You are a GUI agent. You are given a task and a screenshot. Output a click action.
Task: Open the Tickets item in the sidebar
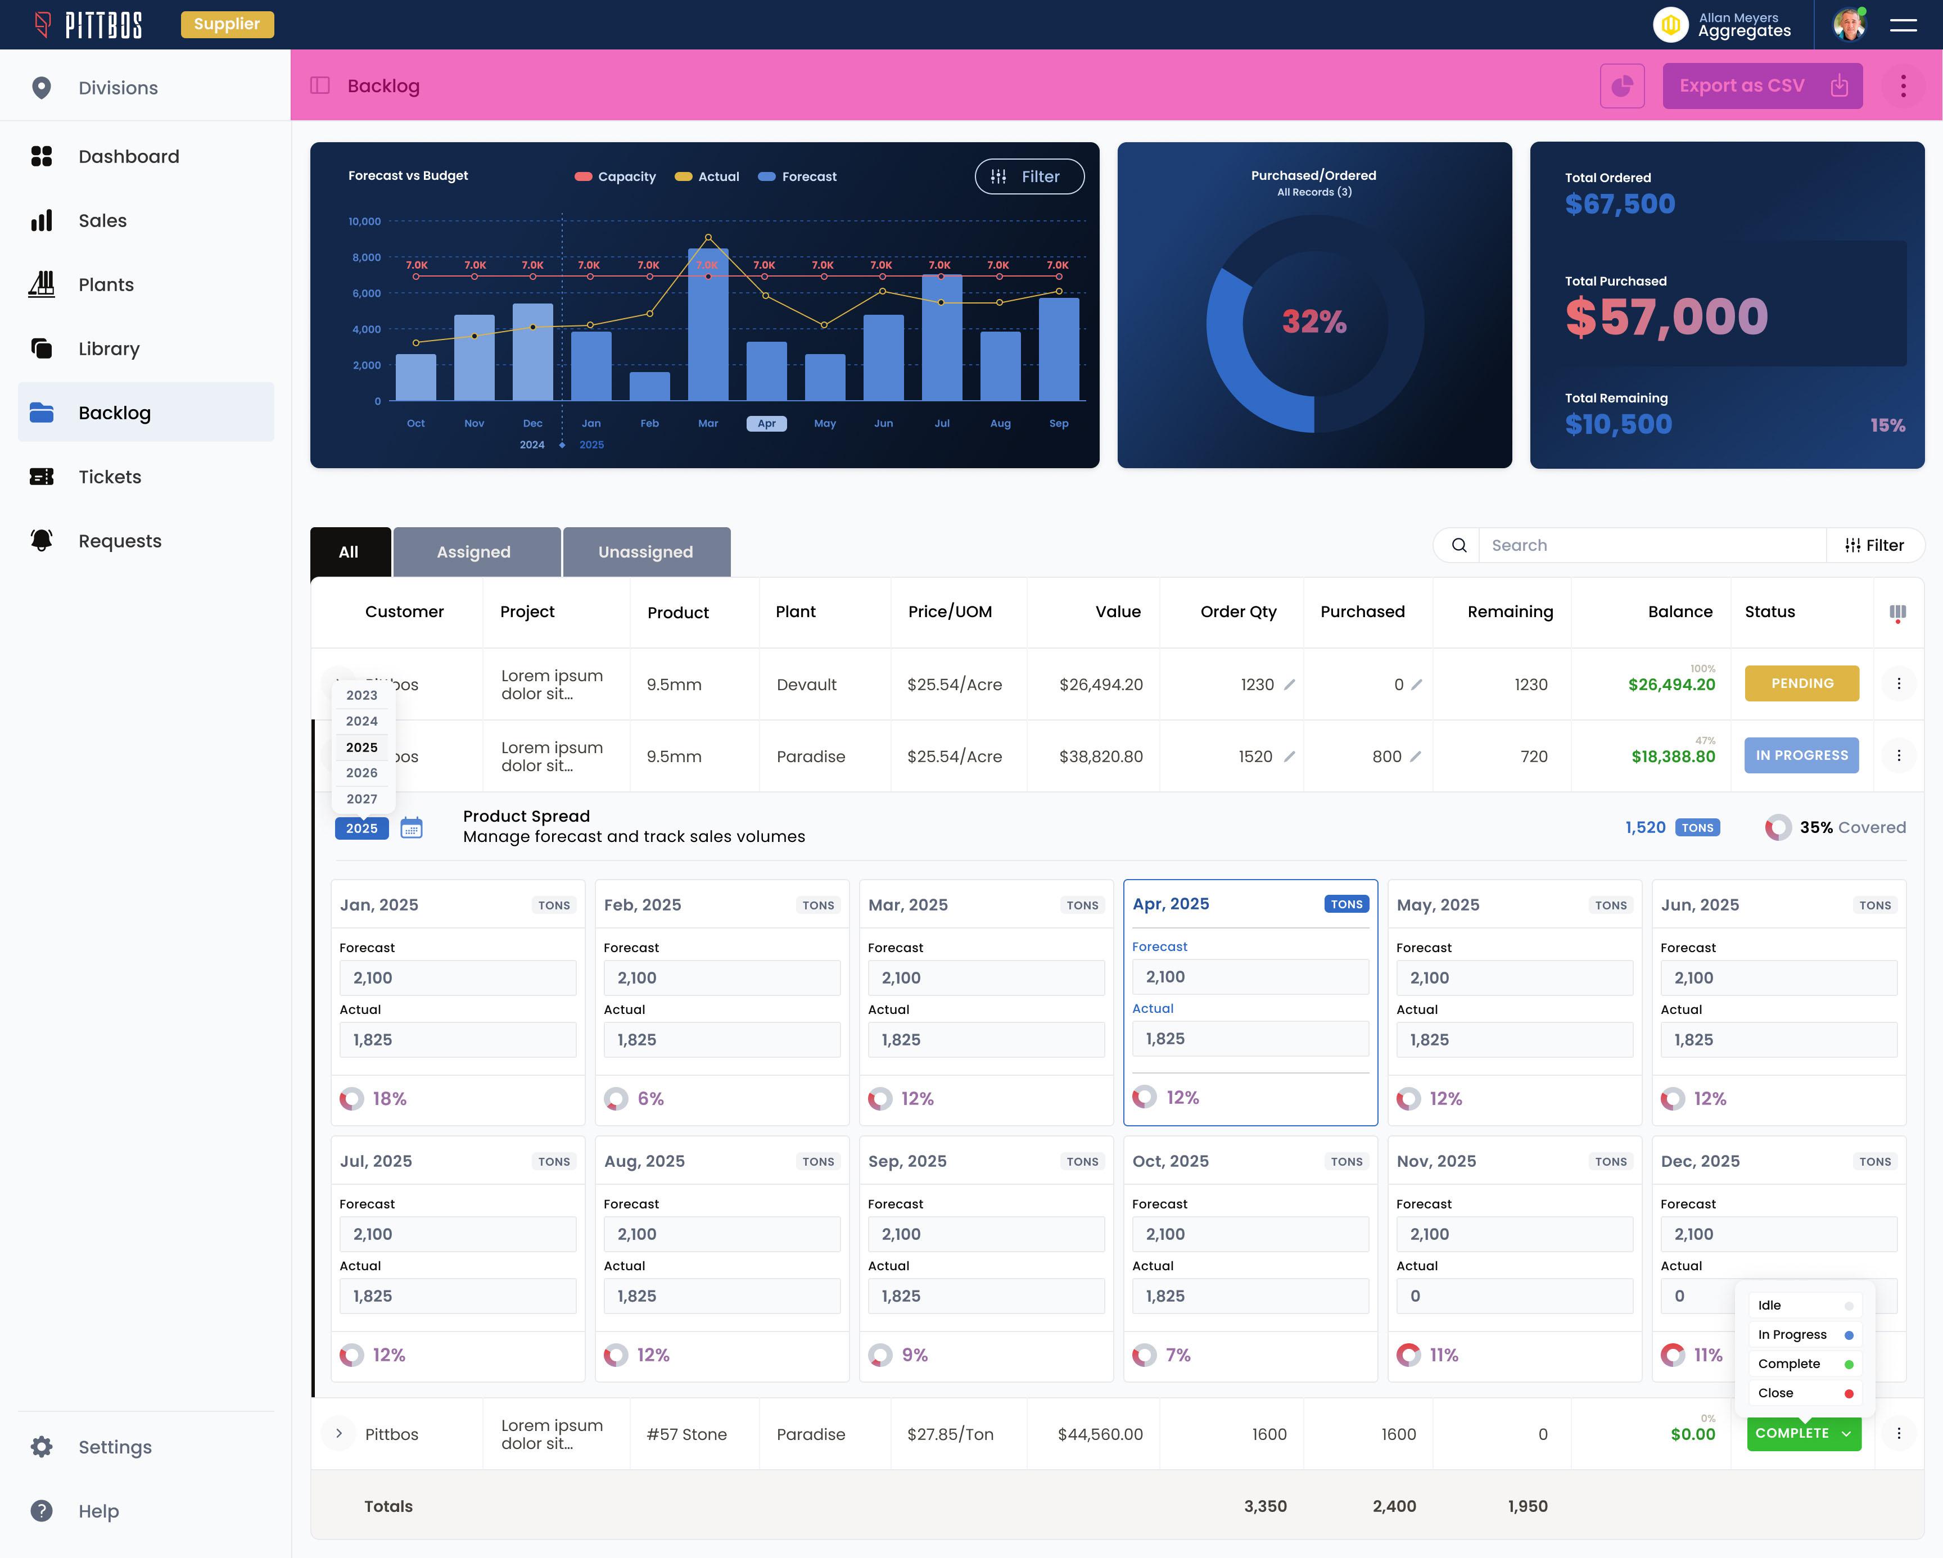pos(110,477)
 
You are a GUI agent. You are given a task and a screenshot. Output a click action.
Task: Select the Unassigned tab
pos(645,551)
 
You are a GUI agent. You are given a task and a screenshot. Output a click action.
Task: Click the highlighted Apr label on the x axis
pos(766,424)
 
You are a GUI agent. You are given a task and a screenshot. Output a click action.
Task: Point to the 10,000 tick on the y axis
pos(365,221)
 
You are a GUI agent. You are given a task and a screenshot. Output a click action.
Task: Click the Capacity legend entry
pos(616,176)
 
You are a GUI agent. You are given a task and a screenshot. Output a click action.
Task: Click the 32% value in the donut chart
pos(1313,321)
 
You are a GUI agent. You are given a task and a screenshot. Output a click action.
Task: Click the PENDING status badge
pos(1801,683)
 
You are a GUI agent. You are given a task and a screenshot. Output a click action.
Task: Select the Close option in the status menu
pos(1775,1393)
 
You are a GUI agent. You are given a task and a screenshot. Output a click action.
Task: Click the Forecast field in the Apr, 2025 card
pos(1249,977)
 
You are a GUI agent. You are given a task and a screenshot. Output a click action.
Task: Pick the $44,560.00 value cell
pos(1100,1434)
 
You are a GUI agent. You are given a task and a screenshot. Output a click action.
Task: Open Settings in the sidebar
pos(115,1447)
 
